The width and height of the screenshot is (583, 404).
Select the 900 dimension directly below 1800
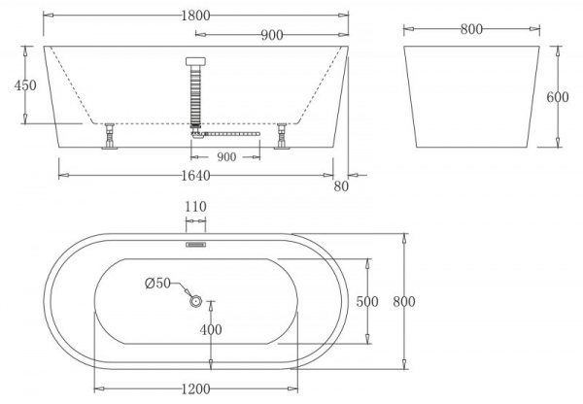pyautogui.click(x=272, y=36)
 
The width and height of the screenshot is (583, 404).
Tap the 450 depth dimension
pyautogui.click(x=24, y=85)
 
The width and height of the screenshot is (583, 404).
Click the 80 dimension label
pyautogui.click(x=340, y=186)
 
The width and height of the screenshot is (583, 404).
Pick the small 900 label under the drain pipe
pyautogui.click(x=225, y=157)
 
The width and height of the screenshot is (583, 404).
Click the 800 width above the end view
pyautogui.click(x=472, y=30)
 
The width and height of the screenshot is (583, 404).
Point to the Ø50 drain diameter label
pyautogui.click(x=157, y=284)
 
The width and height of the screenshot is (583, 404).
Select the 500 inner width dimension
pyautogui.click(x=366, y=302)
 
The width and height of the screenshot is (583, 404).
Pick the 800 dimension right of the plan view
pyautogui.click(x=403, y=302)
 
